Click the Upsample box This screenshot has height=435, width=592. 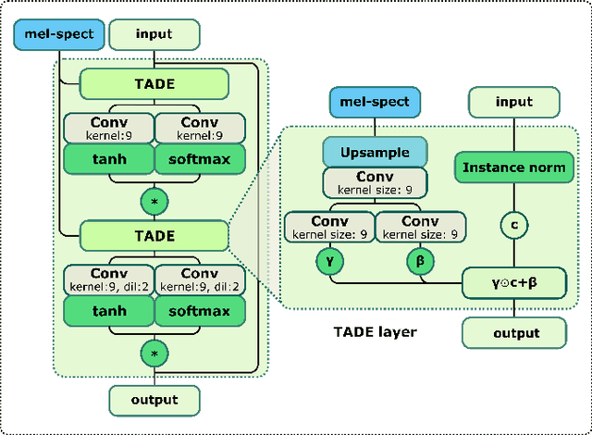pos(375,151)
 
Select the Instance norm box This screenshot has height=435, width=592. pos(512,168)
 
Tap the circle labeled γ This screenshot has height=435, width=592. pos(331,262)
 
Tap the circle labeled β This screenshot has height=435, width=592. pos(419,262)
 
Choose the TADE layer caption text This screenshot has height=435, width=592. pos(376,330)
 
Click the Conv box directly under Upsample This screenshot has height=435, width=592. pos(375,181)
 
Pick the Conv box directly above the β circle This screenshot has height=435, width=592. pos(419,228)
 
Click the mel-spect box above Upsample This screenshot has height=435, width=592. pos(375,102)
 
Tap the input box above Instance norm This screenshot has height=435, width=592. pos(512,102)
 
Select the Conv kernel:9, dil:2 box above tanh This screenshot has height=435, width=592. pos(108,280)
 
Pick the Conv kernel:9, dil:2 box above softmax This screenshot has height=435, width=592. pos(199,280)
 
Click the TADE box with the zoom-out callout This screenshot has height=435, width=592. pos(154,236)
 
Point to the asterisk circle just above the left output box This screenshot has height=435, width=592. pos(154,353)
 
